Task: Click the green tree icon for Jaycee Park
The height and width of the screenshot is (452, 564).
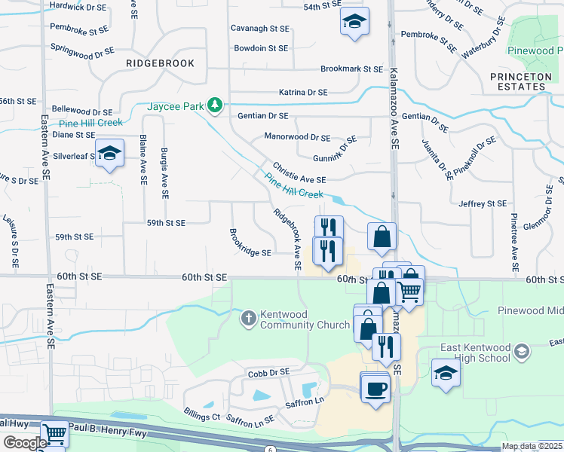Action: coord(215,105)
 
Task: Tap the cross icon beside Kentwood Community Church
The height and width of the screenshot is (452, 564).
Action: coord(248,318)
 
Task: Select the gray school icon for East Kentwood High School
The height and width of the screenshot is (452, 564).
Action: coord(521,351)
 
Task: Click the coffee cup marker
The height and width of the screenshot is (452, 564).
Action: coord(375,389)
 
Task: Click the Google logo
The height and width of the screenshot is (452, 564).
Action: coord(25,443)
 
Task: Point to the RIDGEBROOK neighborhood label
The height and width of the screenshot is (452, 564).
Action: coord(160,63)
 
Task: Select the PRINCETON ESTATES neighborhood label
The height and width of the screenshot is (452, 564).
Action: coord(517,81)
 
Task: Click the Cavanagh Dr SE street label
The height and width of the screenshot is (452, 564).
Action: coord(261,29)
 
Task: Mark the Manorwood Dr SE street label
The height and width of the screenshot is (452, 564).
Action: coord(297,138)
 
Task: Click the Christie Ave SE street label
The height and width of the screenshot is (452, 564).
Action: coord(299,175)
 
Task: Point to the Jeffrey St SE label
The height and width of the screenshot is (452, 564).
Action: coord(483,203)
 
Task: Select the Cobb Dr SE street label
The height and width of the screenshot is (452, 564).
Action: coord(268,372)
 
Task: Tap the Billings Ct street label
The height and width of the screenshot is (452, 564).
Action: coord(201,416)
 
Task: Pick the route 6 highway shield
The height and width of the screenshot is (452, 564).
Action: coord(269,448)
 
